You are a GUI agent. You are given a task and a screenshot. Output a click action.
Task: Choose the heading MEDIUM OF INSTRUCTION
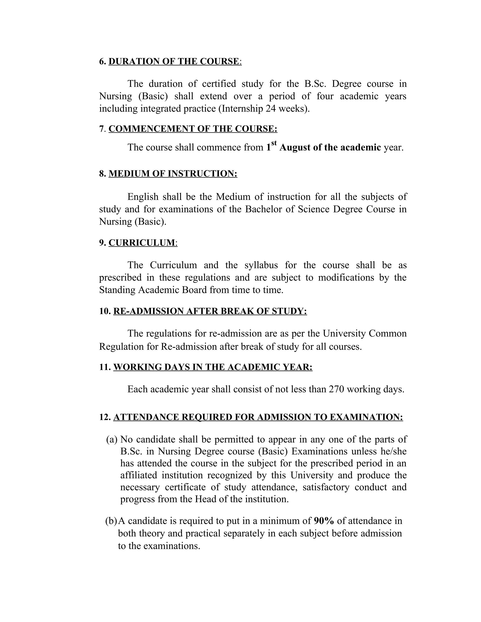click(x=173, y=173)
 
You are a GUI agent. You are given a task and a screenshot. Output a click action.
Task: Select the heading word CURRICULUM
click(x=142, y=243)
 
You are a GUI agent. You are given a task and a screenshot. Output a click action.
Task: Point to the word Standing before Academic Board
click(x=117, y=290)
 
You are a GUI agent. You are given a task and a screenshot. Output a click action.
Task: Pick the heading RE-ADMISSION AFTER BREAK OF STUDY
click(x=210, y=311)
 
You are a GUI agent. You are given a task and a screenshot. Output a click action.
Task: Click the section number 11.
click(x=104, y=367)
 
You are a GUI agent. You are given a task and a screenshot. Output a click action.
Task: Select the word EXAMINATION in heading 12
click(x=366, y=417)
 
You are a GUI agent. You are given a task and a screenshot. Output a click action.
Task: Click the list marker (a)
click(x=112, y=439)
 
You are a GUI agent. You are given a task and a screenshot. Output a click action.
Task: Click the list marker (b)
click(x=111, y=521)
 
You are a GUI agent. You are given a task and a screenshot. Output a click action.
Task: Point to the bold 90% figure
click(x=324, y=521)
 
